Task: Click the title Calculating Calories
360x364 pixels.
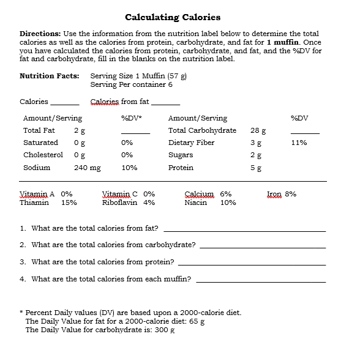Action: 173,17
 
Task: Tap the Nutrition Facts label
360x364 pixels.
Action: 50,76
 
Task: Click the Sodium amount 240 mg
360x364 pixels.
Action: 87,168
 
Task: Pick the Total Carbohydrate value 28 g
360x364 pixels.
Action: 258,130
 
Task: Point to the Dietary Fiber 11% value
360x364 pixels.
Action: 299,143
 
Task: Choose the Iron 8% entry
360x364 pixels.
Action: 282,194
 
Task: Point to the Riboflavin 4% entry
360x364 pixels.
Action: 128,202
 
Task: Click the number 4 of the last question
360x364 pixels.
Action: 22,279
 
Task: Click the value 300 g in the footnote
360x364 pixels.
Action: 164,330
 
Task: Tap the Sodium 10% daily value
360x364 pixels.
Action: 129,168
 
